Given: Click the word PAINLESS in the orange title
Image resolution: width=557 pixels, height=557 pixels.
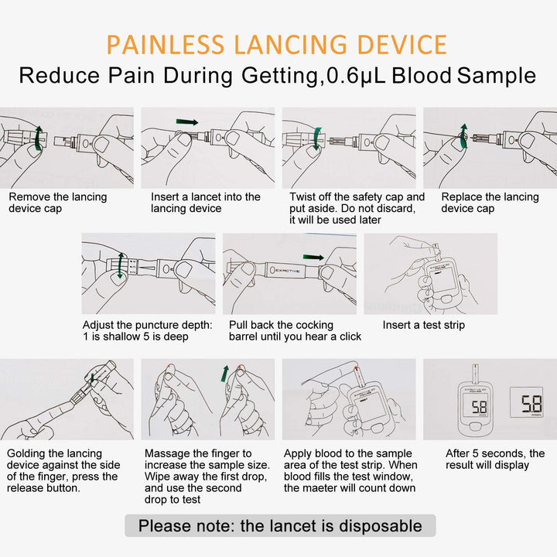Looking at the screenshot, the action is click(x=166, y=45).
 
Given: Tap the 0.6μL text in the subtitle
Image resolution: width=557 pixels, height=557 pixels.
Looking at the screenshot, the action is click(x=356, y=76).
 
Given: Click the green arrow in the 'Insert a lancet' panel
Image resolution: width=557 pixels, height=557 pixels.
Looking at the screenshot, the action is click(x=187, y=122).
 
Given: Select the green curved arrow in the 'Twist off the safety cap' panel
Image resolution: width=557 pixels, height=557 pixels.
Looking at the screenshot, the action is click(x=317, y=138).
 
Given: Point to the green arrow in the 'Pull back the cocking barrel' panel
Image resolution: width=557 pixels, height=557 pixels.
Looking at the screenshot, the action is click(x=313, y=257).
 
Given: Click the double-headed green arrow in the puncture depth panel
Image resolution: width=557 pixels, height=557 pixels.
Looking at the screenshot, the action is click(x=121, y=265).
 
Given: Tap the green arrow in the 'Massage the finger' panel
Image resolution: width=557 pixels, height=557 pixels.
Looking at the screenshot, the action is click(x=225, y=374).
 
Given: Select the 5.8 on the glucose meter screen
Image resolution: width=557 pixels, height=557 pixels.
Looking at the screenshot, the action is click(x=479, y=407).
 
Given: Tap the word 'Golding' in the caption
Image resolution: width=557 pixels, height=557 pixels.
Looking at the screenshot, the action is click(x=26, y=454).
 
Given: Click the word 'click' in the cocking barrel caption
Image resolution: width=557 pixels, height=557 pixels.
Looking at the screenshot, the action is click(x=350, y=337).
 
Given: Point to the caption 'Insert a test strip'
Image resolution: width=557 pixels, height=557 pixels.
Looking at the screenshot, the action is click(x=423, y=325).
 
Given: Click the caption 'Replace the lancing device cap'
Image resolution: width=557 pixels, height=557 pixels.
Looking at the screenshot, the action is click(x=490, y=203).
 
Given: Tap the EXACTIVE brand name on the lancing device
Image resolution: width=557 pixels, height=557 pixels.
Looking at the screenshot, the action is click(x=288, y=271).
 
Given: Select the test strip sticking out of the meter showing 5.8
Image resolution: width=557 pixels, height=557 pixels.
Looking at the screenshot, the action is click(x=475, y=373).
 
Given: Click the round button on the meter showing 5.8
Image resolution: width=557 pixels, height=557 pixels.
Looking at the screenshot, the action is click(x=476, y=426).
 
